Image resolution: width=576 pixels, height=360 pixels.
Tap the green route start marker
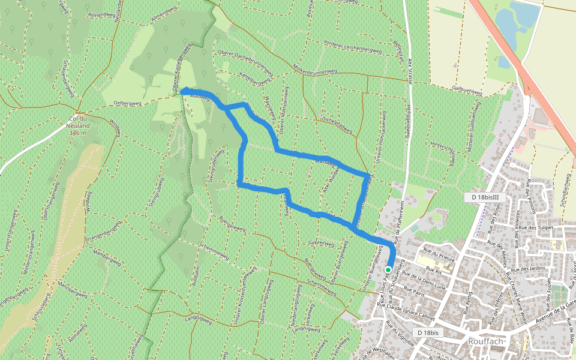[x=388, y=270]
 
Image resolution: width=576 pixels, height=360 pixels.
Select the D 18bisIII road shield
[x=486, y=197]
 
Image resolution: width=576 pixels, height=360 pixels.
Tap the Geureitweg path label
[x=320, y=244]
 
